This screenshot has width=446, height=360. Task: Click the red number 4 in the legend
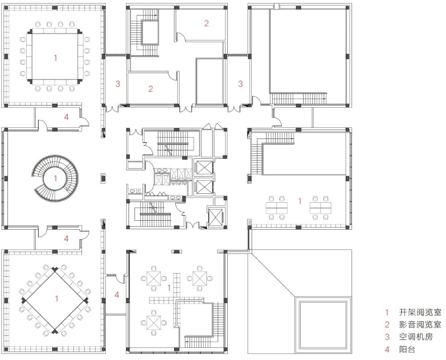pyautogui.click(x=387, y=350)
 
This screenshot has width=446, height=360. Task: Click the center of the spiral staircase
pyautogui.click(x=55, y=178)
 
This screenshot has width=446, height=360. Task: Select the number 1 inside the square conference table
pyautogui.click(x=55, y=58)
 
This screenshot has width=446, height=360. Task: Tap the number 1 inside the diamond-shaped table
pyautogui.click(x=57, y=298)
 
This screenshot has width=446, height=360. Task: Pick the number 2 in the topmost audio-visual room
pyautogui.click(x=206, y=24)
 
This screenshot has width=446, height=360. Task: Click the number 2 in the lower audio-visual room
pyautogui.click(x=151, y=88)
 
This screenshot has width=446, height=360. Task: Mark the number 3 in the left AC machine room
pyautogui.click(x=118, y=84)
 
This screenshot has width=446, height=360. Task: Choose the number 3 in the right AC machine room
pyautogui.click(x=240, y=84)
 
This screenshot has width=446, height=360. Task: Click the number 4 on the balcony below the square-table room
pyautogui.click(x=66, y=117)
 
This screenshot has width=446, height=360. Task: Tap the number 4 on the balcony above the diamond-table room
pyautogui.click(x=66, y=238)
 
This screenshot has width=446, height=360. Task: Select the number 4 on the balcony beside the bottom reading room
pyautogui.click(x=117, y=295)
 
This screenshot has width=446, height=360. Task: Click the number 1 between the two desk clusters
pyautogui.click(x=300, y=201)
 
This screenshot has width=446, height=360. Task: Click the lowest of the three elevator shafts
pyautogui.click(x=216, y=216)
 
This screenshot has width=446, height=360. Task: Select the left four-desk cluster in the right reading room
pyautogui.click(x=277, y=206)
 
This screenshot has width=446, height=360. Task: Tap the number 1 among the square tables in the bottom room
pyautogui.click(x=168, y=287)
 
